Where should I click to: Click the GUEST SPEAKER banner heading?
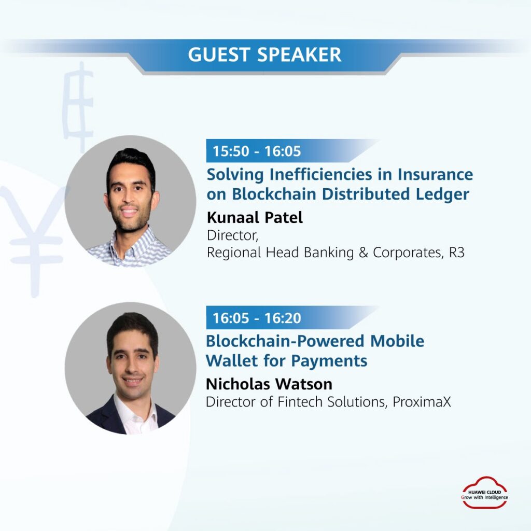[264, 54]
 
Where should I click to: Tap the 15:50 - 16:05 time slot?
[257, 151]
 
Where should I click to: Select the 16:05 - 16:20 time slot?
[257, 318]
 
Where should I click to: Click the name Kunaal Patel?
[255, 217]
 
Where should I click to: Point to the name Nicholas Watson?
[269, 384]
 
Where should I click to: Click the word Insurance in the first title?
[435, 174]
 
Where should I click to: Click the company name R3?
[457, 253]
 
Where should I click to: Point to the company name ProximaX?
[422, 402]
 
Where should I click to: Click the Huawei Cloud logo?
[485, 493]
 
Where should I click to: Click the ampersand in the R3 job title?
[364, 253]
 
